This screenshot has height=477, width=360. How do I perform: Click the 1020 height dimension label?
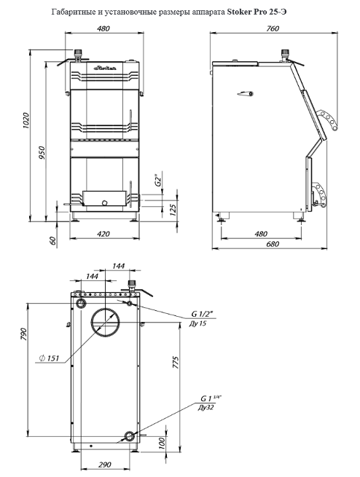click(26, 120)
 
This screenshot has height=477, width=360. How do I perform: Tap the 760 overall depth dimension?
click(273, 28)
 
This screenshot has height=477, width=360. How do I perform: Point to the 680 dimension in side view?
click(272, 244)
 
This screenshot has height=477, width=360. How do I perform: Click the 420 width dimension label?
click(103, 234)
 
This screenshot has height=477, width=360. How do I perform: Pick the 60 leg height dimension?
click(52, 240)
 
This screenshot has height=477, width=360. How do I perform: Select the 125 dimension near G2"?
click(172, 210)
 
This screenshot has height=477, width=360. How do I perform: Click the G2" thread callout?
click(157, 180)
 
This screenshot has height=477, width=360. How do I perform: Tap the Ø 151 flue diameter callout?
click(49, 358)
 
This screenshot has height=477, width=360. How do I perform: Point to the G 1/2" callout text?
click(202, 314)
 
